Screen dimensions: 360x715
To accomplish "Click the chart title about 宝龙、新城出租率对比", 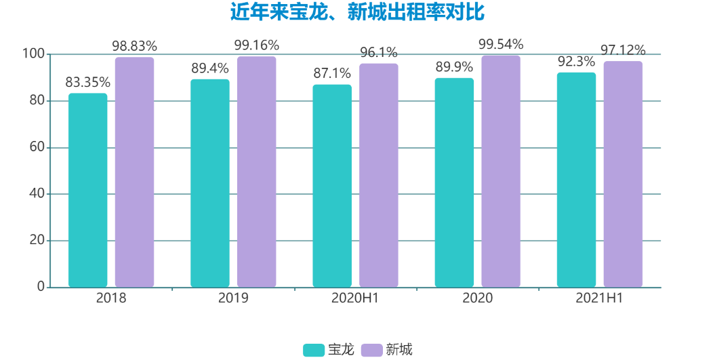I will [357, 12].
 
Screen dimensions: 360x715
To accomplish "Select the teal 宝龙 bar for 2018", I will [88, 190].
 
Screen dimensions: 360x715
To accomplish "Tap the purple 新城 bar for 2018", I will [134, 172].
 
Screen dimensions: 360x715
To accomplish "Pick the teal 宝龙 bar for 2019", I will [210, 183].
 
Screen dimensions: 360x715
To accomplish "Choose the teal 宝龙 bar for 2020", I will [454, 182].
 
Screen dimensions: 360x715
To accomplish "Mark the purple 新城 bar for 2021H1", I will [623, 174].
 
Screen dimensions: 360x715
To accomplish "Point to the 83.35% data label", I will [88, 83].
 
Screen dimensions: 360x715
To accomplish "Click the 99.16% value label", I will [257, 45].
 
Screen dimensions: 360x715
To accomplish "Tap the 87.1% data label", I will [332, 74].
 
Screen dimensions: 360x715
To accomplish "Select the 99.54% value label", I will [501, 45].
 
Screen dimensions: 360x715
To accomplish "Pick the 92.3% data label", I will [576, 62].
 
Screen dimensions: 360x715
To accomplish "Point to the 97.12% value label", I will [623, 50].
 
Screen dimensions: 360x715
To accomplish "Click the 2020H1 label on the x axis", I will [355, 298].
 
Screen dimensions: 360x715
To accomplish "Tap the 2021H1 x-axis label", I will [599, 298].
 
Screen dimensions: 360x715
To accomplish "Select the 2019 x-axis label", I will [233, 298].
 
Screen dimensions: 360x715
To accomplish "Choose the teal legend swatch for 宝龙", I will [313, 350].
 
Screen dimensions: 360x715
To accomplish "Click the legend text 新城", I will [399, 350].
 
